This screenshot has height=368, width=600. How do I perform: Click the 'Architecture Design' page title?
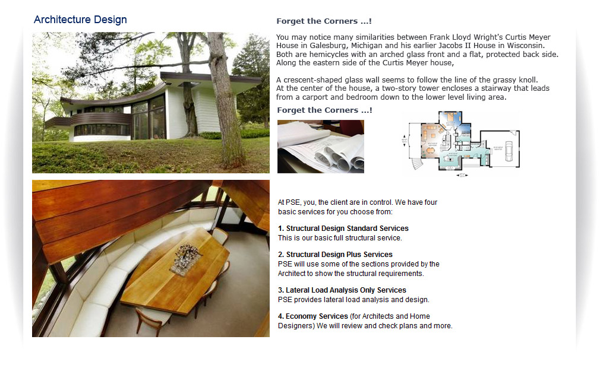(80, 20)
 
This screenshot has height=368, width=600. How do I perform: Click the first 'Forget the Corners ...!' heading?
(324, 21)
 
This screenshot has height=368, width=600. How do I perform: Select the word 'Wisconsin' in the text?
(526, 46)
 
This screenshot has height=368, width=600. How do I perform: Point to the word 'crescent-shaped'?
(311, 80)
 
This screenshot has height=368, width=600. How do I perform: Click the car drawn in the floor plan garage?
(509, 151)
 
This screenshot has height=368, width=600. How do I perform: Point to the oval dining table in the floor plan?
(431, 150)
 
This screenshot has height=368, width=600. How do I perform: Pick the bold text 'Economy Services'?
(317, 316)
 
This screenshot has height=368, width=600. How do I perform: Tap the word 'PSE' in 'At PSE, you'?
(292, 202)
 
